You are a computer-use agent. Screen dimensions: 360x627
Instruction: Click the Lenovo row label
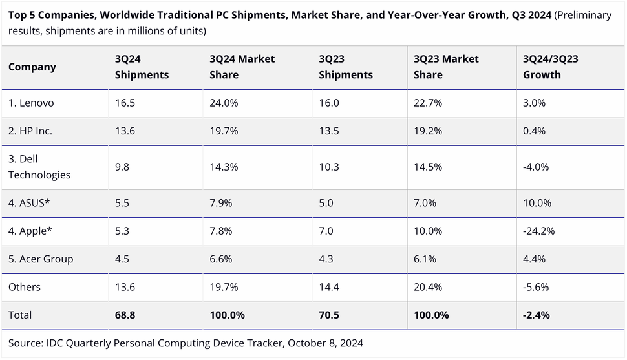pos(30,103)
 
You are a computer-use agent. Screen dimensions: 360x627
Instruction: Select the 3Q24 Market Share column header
pos(242,67)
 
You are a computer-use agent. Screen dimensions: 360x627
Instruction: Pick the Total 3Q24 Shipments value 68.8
pos(126,315)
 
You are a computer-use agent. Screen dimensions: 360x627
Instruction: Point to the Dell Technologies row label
pos(39,167)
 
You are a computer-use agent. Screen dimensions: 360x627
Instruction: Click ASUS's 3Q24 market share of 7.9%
pos(223,203)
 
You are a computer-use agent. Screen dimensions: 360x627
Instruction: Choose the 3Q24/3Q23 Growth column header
pos(550,67)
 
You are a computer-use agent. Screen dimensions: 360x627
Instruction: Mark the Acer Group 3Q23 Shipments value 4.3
pos(326,259)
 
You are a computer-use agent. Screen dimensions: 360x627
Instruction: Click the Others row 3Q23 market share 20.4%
pos(427,286)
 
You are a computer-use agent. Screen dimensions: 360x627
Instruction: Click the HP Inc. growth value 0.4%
pos(534,131)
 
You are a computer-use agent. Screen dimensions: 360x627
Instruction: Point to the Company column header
pos(32,67)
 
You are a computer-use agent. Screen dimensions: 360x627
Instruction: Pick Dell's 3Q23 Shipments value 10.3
pos(329,167)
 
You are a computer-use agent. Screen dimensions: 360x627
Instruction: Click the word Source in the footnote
pos(27,342)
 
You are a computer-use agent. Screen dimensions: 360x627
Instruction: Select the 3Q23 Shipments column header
pos(345,67)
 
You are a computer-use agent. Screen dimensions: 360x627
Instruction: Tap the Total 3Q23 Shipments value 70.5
pos(330,315)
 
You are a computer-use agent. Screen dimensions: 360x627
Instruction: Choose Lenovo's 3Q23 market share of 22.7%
pos(427,103)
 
